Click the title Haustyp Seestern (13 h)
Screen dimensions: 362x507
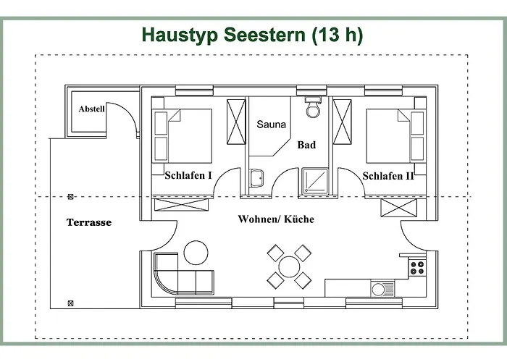[252, 34]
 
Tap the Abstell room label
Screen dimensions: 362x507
[92, 109]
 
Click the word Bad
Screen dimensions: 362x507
[306, 145]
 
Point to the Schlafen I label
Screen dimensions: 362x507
[188, 175]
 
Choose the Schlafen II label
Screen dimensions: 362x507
[388, 175]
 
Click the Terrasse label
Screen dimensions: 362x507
[89, 222]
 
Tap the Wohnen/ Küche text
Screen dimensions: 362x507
[276, 219]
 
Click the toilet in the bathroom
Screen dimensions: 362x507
[313, 108]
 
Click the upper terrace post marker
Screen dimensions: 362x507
[70, 196]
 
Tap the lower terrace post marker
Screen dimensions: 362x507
[70, 303]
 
